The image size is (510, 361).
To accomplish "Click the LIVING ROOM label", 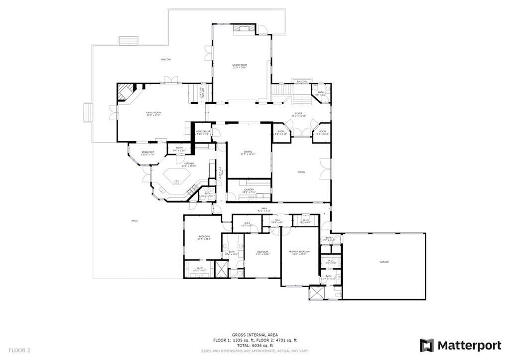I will click(x=240, y=65).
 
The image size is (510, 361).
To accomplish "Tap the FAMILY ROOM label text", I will click(x=153, y=113).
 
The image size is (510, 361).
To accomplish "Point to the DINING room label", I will click(x=248, y=152).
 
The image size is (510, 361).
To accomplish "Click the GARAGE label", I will click(x=384, y=262).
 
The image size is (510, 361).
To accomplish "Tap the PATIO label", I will click(x=134, y=220).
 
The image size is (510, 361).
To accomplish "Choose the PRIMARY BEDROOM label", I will click(x=299, y=251).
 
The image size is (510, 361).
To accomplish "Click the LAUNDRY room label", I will click(x=249, y=189).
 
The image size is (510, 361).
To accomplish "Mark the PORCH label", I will click(x=301, y=172).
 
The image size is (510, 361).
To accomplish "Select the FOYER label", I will click(x=298, y=114).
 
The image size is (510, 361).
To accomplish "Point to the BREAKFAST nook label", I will click(x=148, y=152).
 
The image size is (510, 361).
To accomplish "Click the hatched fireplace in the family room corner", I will click(x=125, y=93).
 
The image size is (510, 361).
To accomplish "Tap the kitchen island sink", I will click(x=176, y=175).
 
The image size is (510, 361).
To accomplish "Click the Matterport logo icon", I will click(x=426, y=345).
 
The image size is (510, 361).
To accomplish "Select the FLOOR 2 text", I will click(x=19, y=351).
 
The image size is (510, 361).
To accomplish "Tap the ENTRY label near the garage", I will click(x=329, y=238).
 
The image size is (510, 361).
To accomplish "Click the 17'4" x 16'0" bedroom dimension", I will click(x=204, y=239).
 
